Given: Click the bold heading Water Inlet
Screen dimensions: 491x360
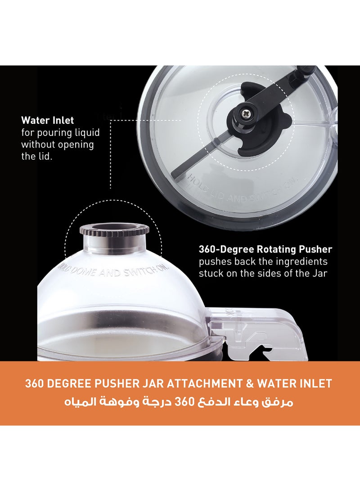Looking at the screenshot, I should (x=47, y=121).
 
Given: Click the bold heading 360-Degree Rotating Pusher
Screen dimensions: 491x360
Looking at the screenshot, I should (x=265, y=249).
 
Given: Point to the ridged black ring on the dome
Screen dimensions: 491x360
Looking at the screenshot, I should (x=114, y=230).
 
